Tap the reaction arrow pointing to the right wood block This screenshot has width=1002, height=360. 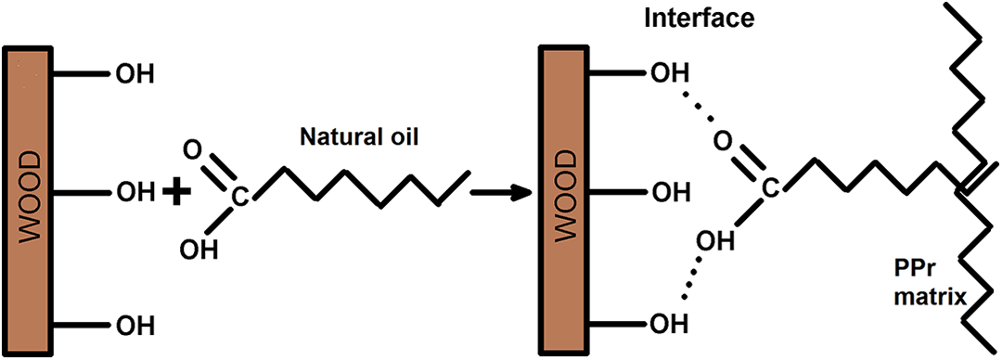pyautogui.click(x=501, y=192)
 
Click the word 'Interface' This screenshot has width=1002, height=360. pyautogui.click(x=700, y=19)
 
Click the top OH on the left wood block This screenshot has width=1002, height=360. pyautogui.click(x=135, y=75)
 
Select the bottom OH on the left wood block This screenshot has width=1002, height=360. pyautogui.click(x=135, y=327)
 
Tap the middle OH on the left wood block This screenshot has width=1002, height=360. pyautogui.click(x=135, y=191)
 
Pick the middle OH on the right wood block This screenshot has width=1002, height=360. pyautogui.click(x=669, y=191)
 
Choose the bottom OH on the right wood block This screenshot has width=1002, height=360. pyautogui.click(x=669, y=325)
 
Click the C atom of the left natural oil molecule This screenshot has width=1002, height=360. pyautogui.click(x=238, y=199)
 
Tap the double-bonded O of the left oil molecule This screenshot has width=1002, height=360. pyautogui.click(x=190, y=151)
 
